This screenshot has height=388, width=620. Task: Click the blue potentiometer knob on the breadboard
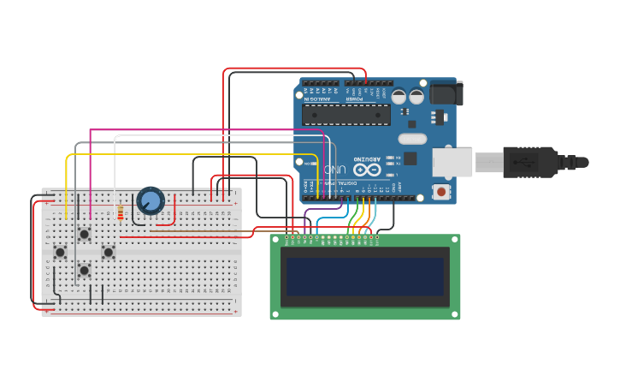[x=151, y=201]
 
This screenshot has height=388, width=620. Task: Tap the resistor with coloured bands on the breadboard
[x=120, y=213]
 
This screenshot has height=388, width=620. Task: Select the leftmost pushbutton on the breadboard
[x=60, y=252]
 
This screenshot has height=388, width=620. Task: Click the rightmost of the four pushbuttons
[x=108, y=252]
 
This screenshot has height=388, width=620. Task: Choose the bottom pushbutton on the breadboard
[x=84, y=270]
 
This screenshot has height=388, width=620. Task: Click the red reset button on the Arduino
[x=441, y=192]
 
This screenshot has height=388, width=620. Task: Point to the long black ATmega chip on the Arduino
[x=346, y=115]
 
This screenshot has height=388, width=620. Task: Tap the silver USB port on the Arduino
[x=452, y=162]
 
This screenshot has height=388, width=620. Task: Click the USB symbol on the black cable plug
[x=532, y=162]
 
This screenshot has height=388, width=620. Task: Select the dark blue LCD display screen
[x=365, y=277]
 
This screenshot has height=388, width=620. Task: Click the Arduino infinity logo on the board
[x=372, y=169]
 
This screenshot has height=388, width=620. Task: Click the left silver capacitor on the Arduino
[x=399, y=97]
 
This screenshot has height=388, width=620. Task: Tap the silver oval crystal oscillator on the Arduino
[x=412, y=139]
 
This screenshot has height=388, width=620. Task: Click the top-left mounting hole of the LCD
[x=275, y=240]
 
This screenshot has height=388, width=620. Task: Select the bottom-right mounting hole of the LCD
[x=455, y=314]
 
